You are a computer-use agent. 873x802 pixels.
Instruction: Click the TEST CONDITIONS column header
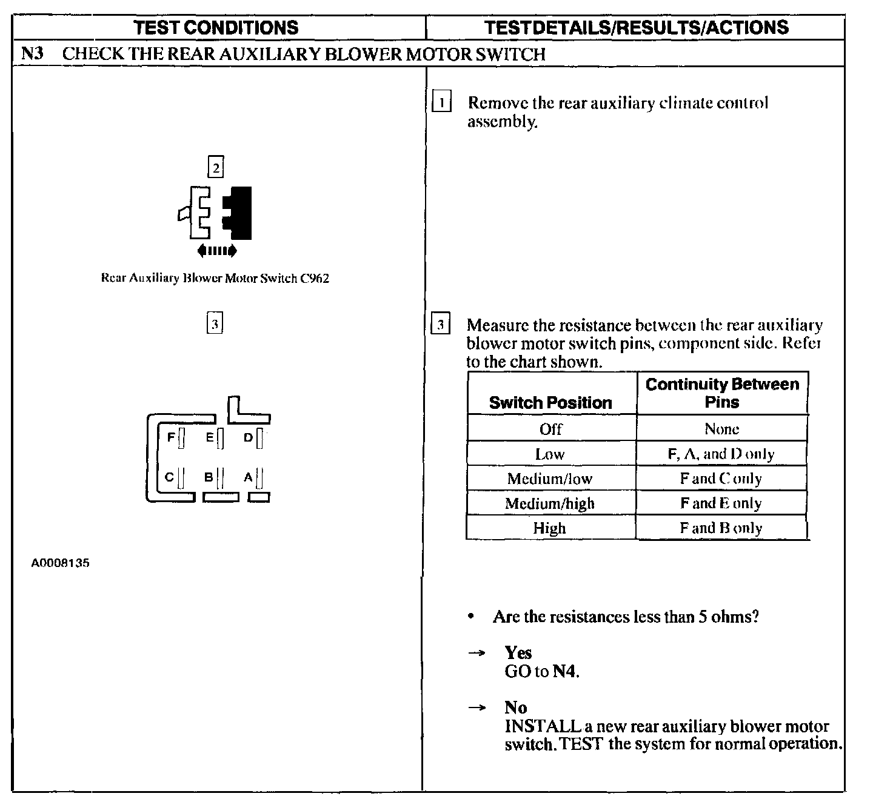click(x=216, y=27)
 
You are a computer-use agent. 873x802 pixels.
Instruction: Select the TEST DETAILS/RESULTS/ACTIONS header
click(x=637, y=27)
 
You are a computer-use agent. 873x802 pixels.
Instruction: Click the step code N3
click(x=32, y=53)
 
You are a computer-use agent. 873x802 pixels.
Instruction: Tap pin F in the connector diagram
click(x=181, y=437)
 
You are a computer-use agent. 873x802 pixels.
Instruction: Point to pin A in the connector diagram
click(x=259, y=479)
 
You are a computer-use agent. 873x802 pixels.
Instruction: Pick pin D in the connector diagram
click(x=259, y=437)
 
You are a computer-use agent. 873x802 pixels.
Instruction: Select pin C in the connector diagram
click(x=181, y=479)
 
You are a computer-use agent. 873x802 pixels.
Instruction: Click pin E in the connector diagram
click(x=220, y=437)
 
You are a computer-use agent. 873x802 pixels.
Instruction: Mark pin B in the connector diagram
click(x=220, y=479)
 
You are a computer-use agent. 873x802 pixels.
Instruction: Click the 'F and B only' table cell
click(x=721, y=528)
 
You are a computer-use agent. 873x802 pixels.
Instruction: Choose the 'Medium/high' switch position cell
click(x=550, y=503)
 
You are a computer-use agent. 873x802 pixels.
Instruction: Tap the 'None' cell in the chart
click(x=721, y=429)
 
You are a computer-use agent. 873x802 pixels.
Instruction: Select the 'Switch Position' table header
click(x=550, y=403)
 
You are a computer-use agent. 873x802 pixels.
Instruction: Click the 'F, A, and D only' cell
click(x=721, y=454)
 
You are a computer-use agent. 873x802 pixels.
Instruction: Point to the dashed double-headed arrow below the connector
click(x=217, y=250)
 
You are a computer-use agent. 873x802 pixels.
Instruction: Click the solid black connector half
click(x=238, y=213)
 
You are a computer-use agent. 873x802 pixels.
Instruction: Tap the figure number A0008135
click(x=61, y=563)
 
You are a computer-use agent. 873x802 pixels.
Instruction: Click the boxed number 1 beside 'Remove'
click(x=441, y=103)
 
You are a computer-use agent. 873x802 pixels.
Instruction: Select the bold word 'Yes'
click(x=518, y=652)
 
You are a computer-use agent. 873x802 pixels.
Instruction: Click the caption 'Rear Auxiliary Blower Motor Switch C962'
click(x=215, y=279)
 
